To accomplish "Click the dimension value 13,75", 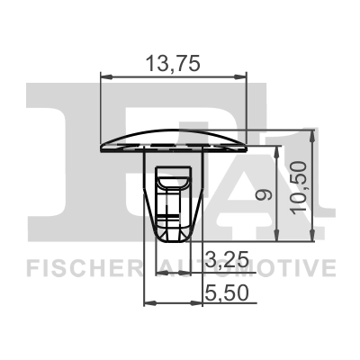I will [x=172, y=62].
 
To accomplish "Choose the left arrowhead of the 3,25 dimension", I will [x=162, y=272].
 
